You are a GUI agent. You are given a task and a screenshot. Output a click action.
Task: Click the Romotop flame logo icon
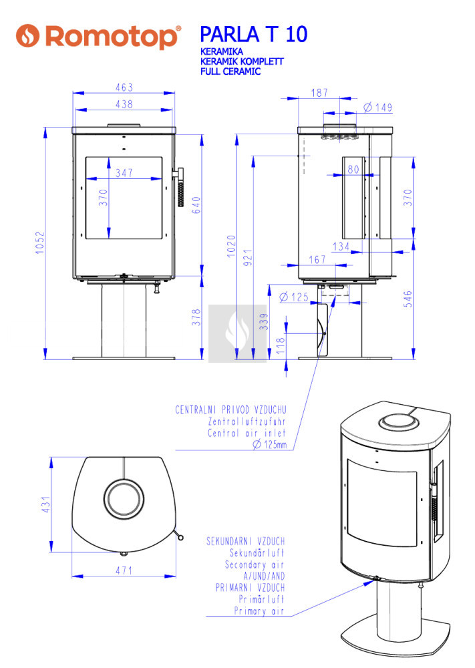[27, 36]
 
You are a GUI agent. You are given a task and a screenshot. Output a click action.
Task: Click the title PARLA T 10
[253, 35]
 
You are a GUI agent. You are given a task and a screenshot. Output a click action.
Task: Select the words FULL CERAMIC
[230, 71]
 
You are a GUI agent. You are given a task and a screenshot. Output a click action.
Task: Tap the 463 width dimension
[124, 88]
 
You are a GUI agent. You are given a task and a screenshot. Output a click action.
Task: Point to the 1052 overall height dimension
[39, 243]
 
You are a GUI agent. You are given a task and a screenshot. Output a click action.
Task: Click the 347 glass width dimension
[124, 172]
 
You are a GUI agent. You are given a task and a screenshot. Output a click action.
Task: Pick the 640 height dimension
[196, 205]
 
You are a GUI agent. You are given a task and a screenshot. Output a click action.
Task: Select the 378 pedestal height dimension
[196, 317]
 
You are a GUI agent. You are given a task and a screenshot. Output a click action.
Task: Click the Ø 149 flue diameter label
[378, 108]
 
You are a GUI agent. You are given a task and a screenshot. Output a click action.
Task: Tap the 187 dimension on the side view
[319, 93]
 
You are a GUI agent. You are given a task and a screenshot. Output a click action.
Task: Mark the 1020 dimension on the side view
[231, 246]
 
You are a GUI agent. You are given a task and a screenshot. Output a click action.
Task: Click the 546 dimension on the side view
[408, 299]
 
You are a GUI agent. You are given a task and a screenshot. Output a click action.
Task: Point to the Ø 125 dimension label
[294, 297]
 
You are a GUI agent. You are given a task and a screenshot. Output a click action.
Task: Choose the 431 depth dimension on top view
[46, 504]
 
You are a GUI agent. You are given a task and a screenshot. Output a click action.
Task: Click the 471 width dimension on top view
[124, 570]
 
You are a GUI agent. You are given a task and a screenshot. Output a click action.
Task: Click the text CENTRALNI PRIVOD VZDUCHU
[230, 410]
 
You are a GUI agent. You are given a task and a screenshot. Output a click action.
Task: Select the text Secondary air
[255, 565]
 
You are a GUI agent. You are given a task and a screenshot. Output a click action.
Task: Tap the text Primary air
[259, 611]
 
